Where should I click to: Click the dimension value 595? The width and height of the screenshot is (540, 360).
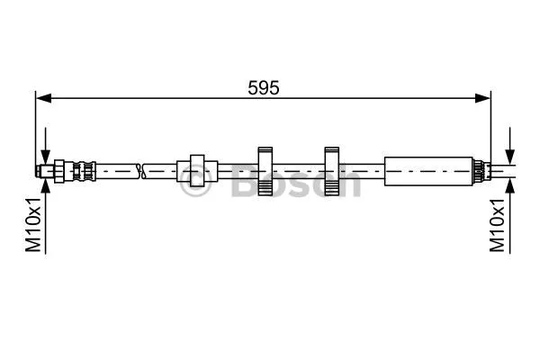pos(263,86)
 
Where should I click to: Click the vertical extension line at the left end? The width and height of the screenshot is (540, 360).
pos(35,126)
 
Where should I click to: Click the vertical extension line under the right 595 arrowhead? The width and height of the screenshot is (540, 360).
pos(490,126)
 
